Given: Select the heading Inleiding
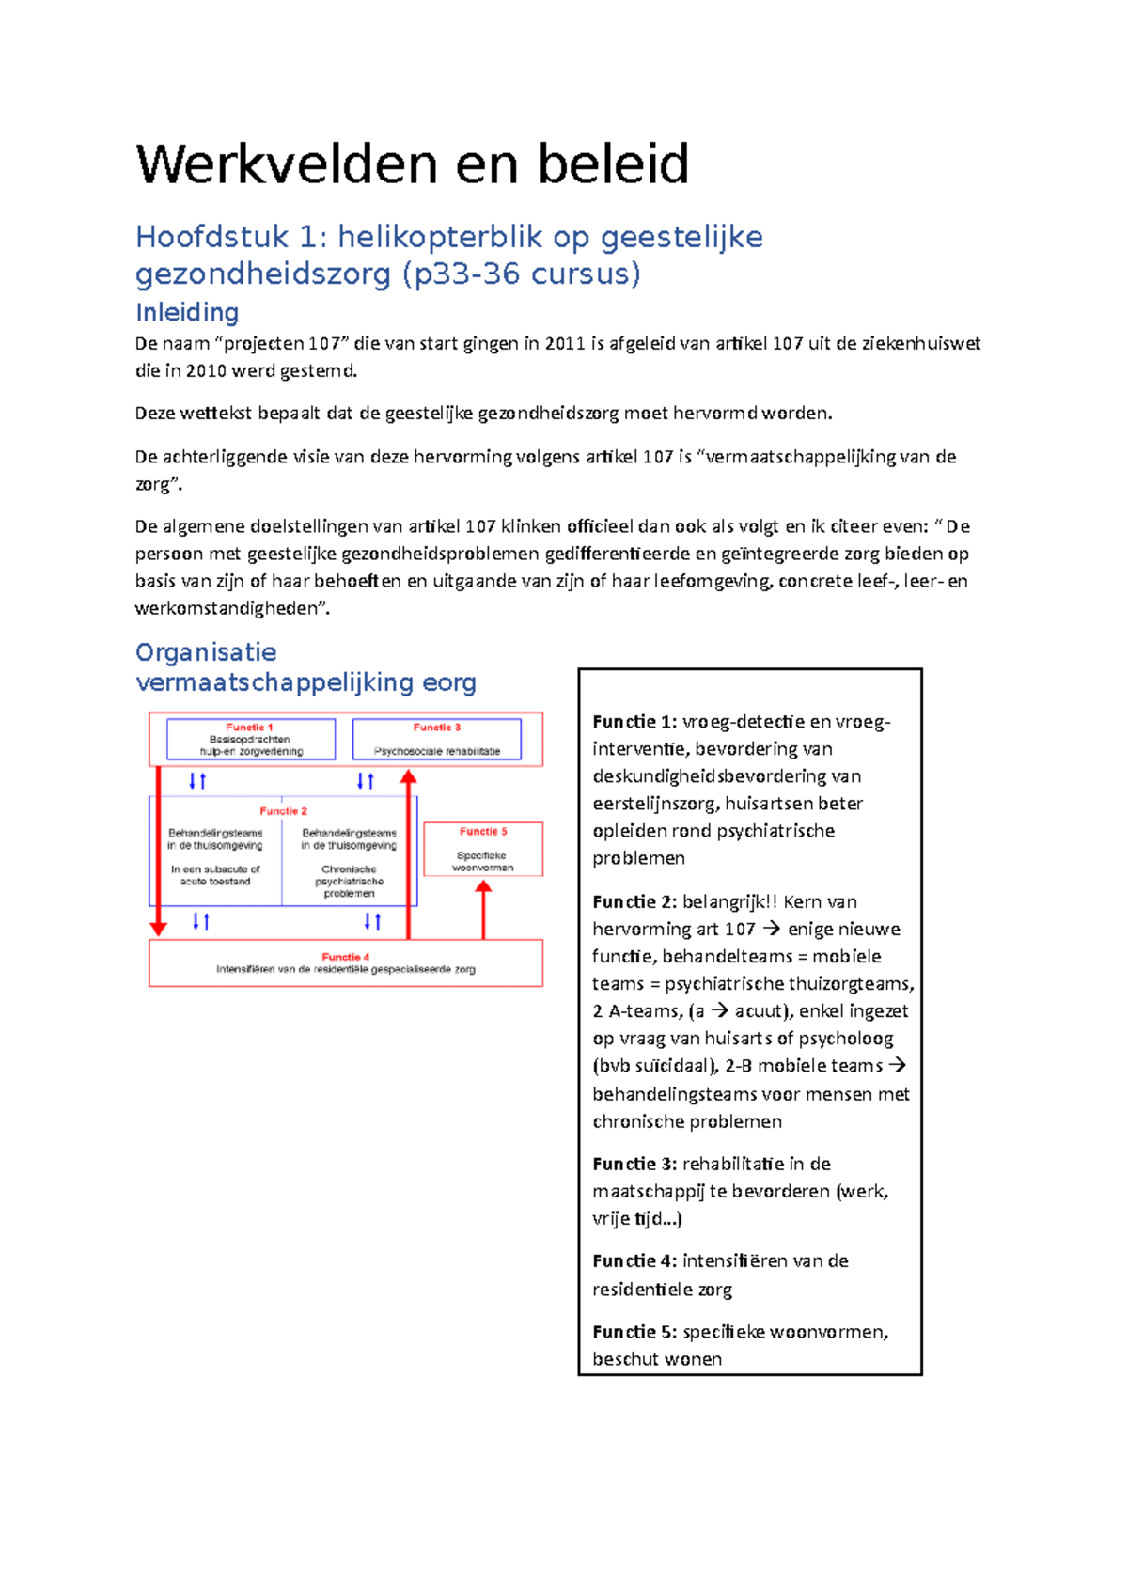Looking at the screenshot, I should coord(187,312).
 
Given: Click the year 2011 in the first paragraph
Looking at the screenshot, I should coord(564,343).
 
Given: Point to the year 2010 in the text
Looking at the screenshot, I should coord(206,370).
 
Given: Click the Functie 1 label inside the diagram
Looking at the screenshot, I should coord(249,727).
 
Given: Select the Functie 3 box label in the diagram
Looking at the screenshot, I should coord(437,727).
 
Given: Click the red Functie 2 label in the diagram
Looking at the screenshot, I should coord(283,810).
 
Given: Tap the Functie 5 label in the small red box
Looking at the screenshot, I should coord(483,831).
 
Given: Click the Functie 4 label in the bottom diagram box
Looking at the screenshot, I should coord(346,957).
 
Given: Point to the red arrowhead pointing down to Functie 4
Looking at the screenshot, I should coord(158,929).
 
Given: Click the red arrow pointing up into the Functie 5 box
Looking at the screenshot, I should coord(483,888).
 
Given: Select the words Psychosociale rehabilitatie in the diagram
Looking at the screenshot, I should coord(437,751).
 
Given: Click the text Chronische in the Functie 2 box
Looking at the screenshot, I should coord(349,868).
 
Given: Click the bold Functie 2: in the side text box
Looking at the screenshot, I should coord(634,901).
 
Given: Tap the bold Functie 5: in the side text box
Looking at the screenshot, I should coord(634,1332).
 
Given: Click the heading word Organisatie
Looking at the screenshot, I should coord(206,652).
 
